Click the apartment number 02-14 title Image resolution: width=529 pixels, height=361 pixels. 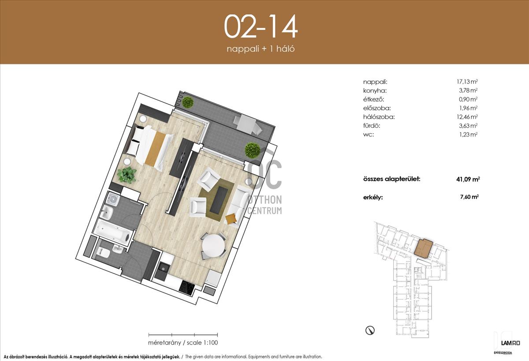click(x=261, y=26)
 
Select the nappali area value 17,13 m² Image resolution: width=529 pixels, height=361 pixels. click(x=467, y=82)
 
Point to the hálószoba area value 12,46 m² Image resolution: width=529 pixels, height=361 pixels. click(x=467, y=117)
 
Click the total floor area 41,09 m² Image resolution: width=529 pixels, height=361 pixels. click(x=468, y=180)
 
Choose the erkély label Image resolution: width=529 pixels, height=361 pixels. click(x=373, y=197)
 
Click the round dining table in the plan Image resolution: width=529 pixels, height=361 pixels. click(x=213, y=246)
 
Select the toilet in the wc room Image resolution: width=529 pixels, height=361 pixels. click(x=104, y=252)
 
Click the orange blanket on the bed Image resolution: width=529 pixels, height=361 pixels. click(x=155, y=148)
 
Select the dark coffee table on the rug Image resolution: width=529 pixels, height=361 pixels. click(x=219, y=199)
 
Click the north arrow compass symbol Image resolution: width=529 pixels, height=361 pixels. click(x=370, y=330)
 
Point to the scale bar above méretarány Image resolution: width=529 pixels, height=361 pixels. click(x=183, y=335)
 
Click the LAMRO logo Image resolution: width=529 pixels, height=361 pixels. click(x=510, y=343)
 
